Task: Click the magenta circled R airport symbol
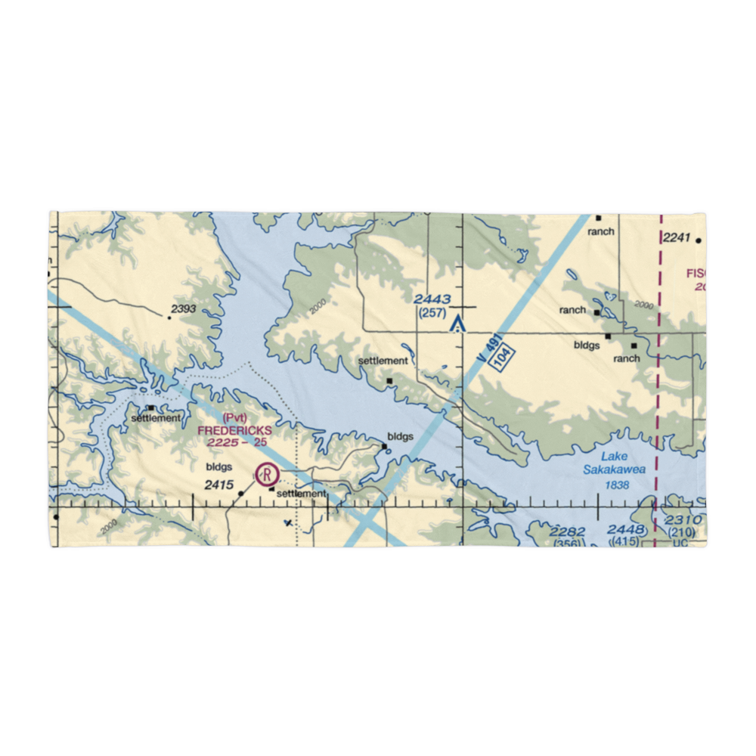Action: pyautogui.click(x=267, y=475)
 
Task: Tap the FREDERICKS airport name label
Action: pyautogui.click(x=234, y=430)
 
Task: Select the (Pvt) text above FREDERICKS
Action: pyautogui.click(x=235, y=418)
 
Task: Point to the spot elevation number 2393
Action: pyautogui.click(x=184, y=308)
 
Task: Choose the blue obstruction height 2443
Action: pyautogui.click(x=432, y=300)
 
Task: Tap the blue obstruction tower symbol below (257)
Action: pyautogui.click(x=456, y=325)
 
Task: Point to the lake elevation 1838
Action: pyautogui.click(x=617, y=485)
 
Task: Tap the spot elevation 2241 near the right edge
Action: pyautogui.click(x=677, y=238)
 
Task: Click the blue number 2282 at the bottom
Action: pyautogui.click(x=568, y=531)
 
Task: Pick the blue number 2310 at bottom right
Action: pyautogui.click(x=683, y=520)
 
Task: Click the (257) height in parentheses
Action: pyautogui.click(x=432, y=312)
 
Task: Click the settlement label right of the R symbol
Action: pyautogui.click(x=302, y=494)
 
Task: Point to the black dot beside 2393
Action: pyautogui.click(x=169, y=318)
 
